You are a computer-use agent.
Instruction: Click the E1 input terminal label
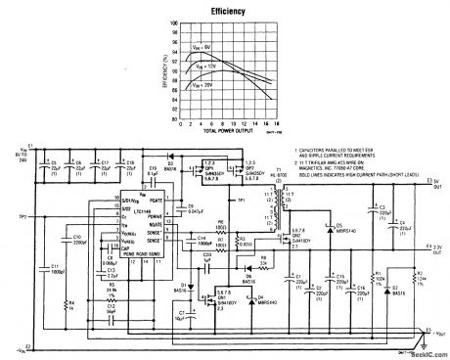tap(30, 148)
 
